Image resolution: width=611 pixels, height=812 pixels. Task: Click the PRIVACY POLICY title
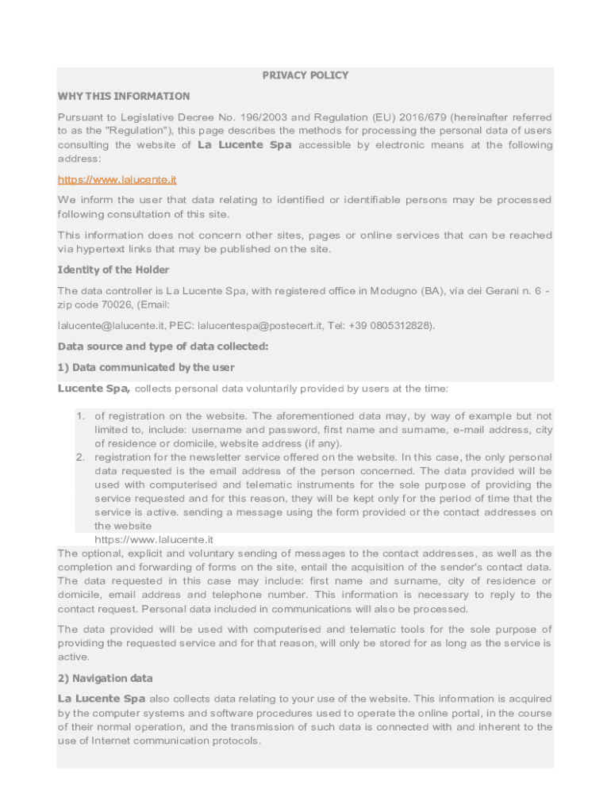[x=305, y=75]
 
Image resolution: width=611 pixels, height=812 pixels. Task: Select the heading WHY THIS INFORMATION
[x=124, y=96]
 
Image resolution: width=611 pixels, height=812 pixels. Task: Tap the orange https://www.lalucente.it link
[x=117, y=180]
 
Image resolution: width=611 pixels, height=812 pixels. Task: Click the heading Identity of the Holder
[x=113, y=270]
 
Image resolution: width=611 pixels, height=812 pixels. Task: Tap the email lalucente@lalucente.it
[x=111, y=325]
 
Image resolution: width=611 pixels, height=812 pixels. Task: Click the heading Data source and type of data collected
[x=163, y=347]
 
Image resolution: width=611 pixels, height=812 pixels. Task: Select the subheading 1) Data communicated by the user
[x=146, y=367]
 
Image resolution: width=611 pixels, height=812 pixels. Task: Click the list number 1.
[x=80, y=416]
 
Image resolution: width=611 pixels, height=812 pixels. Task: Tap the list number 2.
[x=80, y=458]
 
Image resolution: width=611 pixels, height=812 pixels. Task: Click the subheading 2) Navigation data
[x=106, y=678]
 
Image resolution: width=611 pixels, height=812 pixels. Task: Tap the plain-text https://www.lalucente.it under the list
[x=154, y=540]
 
